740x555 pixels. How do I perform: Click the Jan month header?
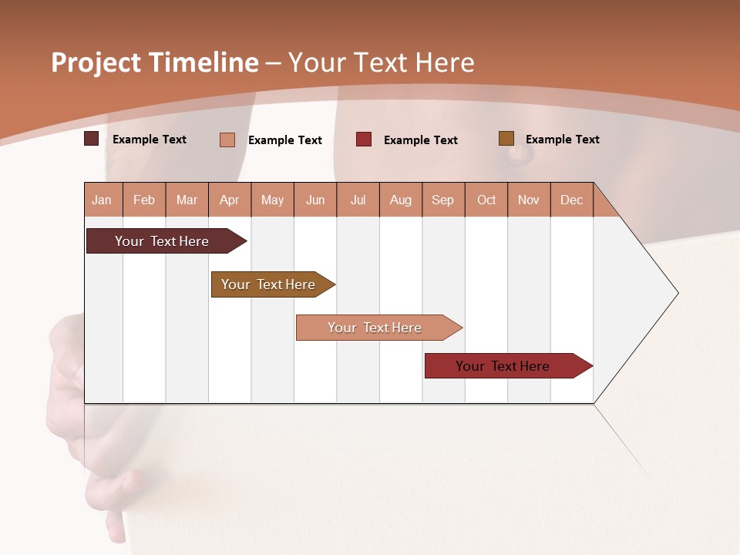point(103,200)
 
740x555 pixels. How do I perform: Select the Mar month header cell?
point(187,200)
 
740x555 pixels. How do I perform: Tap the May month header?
point(272,200)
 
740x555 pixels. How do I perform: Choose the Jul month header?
point(358,200)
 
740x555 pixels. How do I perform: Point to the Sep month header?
point(442,200)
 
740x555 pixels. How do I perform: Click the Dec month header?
point(571,200)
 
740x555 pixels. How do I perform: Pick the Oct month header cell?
point(486,200)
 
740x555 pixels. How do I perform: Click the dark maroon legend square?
point(91,139)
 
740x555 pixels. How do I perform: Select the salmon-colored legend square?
point(227,140)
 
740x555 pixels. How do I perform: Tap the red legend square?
point(363,140)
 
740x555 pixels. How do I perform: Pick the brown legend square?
point(506,139)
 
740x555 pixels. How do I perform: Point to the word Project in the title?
point(96,62)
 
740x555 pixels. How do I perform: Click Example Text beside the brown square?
point(562,140)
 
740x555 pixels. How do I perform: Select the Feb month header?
point(144,200)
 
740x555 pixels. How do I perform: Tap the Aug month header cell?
point(400,200)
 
